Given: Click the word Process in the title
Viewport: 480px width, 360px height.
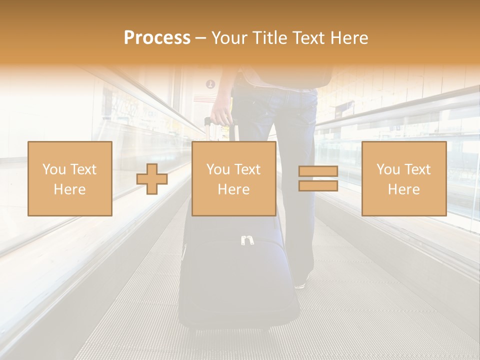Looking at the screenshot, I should (157, 38).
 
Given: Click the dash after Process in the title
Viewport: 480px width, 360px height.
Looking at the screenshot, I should (200, 38).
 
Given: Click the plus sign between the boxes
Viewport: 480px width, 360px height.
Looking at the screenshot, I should (152, 178).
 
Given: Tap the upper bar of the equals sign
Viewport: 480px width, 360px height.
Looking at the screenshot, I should (318, 171).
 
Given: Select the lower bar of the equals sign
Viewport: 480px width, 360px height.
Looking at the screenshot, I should (318, 185).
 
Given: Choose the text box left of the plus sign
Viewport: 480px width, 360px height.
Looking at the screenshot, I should (69, 178).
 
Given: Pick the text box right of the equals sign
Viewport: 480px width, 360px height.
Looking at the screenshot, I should (403, 178).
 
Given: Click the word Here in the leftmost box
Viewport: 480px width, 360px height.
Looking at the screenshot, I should (69, 189).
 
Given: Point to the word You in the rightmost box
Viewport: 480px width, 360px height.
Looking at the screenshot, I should (388, 169).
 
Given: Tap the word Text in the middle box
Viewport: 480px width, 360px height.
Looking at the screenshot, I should (247, 169).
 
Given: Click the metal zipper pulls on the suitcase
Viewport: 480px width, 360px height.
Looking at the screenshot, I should (246, 240).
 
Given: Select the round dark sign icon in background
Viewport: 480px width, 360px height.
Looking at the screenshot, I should (210, 84).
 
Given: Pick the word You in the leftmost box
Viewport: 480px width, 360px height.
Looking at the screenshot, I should (54, 169).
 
